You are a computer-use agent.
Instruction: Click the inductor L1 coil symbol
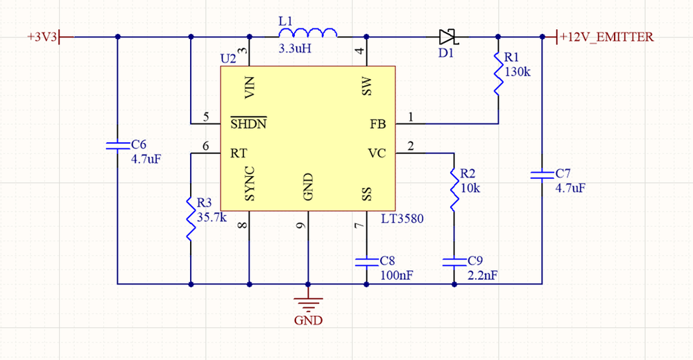(308, 33)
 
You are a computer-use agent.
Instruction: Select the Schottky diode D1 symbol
(449, 37)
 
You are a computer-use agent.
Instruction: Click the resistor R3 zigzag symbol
(191, 219)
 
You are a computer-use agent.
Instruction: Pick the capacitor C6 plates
(117, 146)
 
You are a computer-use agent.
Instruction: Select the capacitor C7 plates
(542, 175)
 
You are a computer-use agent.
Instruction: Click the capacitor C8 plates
(366, 262)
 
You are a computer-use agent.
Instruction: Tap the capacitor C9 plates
(454, 262)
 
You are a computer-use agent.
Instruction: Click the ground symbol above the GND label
(308, 305)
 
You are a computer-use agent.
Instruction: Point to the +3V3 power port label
(42, 37)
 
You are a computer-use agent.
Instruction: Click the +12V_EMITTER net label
(606, 37)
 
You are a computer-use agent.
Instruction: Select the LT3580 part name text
(402, 218)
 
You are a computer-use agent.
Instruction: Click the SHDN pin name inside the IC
(248, 123)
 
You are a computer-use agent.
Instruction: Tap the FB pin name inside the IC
(378, 124)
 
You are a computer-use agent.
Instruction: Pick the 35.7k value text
(212, 217)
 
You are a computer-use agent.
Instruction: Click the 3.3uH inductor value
(295, 48)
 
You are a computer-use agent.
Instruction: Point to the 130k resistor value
(517, 71)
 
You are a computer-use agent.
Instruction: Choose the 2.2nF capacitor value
(483, 275)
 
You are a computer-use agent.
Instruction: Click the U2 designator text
(228, 58)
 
